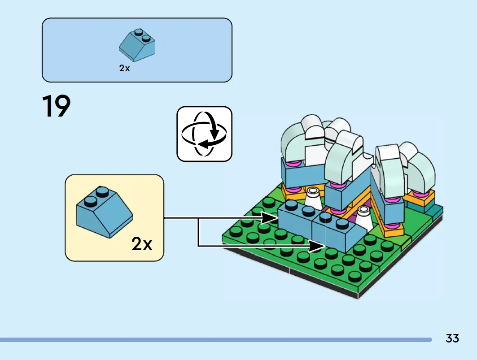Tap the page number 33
click(x=452, y=338)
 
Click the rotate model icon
click(x=205, y=134)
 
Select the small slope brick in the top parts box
click(x=137, y=46)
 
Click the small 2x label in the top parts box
click(x=124, y=69)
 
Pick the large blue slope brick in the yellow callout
click(x=105, y=212)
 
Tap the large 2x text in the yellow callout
click(x=142, y=244)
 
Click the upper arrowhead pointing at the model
click(x=270, y=218)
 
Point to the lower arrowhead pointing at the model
click(x=317, y=246)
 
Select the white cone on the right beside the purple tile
click(x=363, y=218)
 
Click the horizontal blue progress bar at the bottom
click(x=216, y=340)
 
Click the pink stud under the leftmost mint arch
click(x=294, y=164)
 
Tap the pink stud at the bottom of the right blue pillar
click(x=393, y=226)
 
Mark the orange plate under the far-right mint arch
click(x=421, y=198)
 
